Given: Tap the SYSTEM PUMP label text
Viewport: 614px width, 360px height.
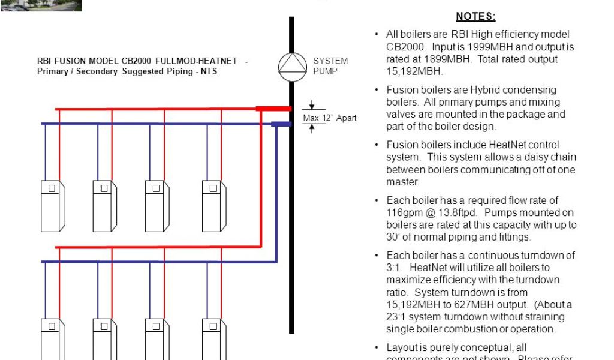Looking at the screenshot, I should click(x=330, y=65).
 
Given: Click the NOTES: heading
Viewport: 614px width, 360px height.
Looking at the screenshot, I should click(x=475, y=17).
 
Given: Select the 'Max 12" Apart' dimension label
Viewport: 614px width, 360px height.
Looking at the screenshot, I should click(x=330, y=118).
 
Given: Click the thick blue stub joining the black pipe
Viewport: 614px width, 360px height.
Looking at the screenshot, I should click(x=280, y=124).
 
